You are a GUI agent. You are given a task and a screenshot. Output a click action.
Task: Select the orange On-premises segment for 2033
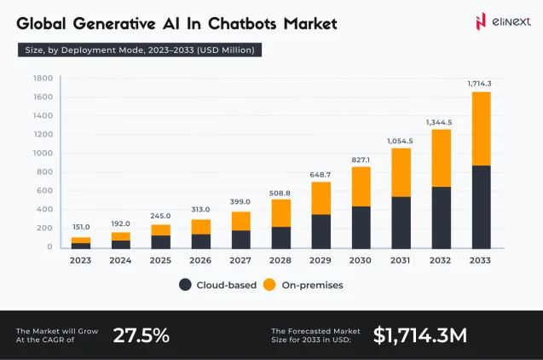[482, 128]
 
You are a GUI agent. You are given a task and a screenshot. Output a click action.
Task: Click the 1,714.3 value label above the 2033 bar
[480, 83]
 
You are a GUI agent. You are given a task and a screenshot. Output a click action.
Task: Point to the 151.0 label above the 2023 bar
[81, 227]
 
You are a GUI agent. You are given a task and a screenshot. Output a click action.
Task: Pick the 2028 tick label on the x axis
[281, 261]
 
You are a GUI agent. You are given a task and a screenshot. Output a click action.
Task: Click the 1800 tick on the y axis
[43, 78]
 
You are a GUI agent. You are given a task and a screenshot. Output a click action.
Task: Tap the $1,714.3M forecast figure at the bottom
[419, 334]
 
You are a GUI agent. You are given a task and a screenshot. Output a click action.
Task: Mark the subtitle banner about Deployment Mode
[140, 50]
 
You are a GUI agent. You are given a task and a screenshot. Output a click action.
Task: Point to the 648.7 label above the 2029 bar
[321, 173]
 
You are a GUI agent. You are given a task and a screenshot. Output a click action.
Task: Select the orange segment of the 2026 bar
[201, 226]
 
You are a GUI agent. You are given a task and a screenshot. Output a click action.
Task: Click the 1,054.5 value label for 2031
[401, 140]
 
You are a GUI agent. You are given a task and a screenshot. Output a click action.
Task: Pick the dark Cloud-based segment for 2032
[442, 217]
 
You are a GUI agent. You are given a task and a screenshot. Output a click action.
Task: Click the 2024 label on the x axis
[121, 261]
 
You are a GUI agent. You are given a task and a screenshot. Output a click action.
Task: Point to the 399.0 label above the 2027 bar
[241, 202]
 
